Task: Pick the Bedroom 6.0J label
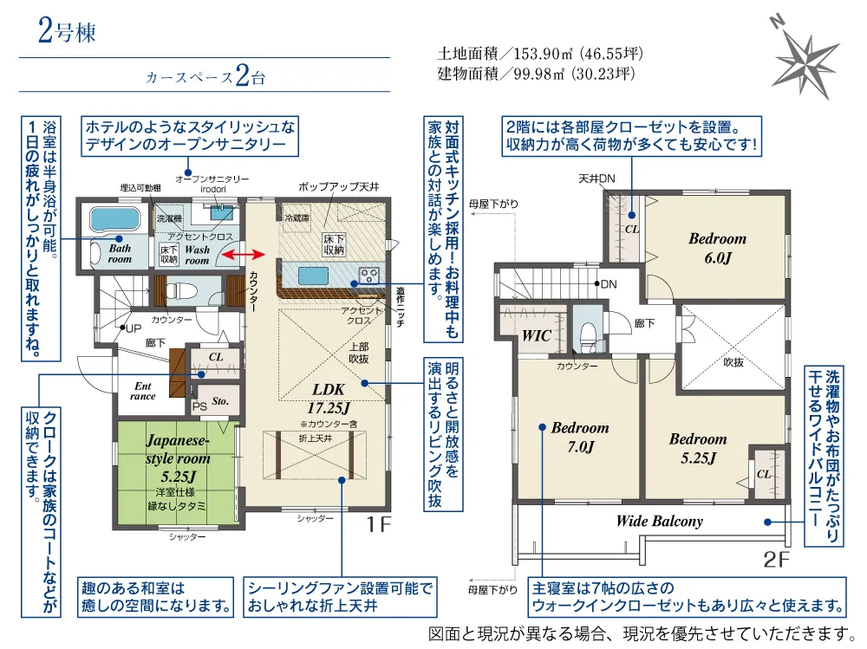(x=717, y=247)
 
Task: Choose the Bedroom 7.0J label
(x=579, y=437)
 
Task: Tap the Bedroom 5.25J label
(x=697, y=448)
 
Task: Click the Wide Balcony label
(x=659, y=522)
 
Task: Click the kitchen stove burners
(x=368, y=276)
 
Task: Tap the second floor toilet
(x=590, y=333)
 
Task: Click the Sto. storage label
(x=219, y=401)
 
